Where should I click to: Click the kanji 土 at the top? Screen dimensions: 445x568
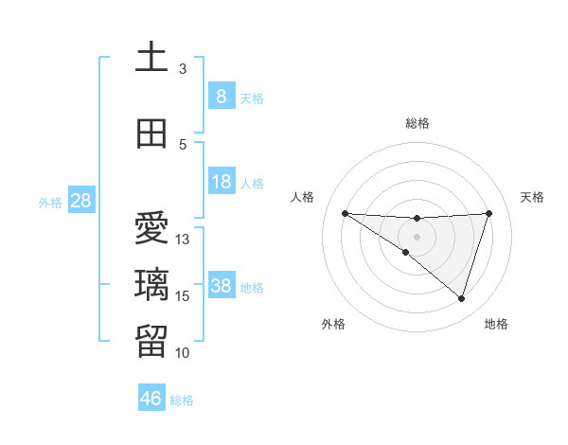click(151, 57)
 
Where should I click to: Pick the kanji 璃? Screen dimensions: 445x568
click(151, 285)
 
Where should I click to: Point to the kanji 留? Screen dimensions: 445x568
click(151, 341)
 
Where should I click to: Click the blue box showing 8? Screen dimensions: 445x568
click(221, 96)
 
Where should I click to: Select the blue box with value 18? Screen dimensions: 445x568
click(221, 182)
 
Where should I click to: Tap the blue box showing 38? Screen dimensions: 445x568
click(221, 286)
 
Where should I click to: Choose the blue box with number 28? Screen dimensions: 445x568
click(80, 201)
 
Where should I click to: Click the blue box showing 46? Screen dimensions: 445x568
click(151, 399)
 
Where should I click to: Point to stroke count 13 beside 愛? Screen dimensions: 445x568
click(183, 240)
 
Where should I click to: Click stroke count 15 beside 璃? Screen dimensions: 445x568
click(183, 296)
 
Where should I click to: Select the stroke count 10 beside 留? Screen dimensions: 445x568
click(183, 353)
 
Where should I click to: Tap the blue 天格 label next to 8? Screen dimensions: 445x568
click(252, 98)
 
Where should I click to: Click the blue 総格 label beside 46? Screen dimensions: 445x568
click(182, 400)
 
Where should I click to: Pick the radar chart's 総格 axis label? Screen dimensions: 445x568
click(417, 123)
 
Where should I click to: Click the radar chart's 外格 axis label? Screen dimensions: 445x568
click(332, 324)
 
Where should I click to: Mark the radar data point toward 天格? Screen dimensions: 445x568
click(489, 213)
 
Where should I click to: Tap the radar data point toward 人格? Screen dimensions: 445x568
click(345, 213)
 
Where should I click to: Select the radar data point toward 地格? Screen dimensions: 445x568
click(461, 298)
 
